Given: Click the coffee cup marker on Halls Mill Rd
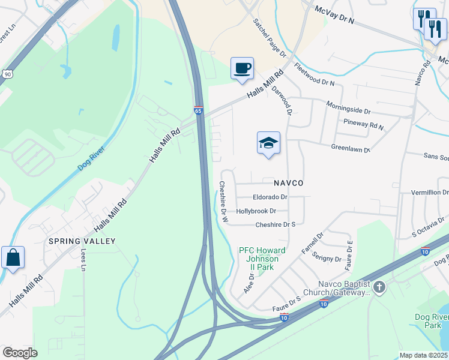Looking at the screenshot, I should (242, 68).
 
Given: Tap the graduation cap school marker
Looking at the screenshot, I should (268, 143).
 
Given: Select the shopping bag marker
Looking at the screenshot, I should (13, 258).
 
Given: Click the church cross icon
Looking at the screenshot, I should (379, 287).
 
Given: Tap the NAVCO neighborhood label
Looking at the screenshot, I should (288, 182).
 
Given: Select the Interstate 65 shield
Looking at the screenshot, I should (199, 111).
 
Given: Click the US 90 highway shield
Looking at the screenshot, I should (6, 73).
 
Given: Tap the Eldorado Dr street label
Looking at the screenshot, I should (271, 197).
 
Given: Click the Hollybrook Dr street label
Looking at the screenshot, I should (256, 211).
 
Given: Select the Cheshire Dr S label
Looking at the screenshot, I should (276, 224).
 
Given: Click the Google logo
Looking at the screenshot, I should (20, 353).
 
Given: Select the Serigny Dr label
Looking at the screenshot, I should (329, 259).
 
